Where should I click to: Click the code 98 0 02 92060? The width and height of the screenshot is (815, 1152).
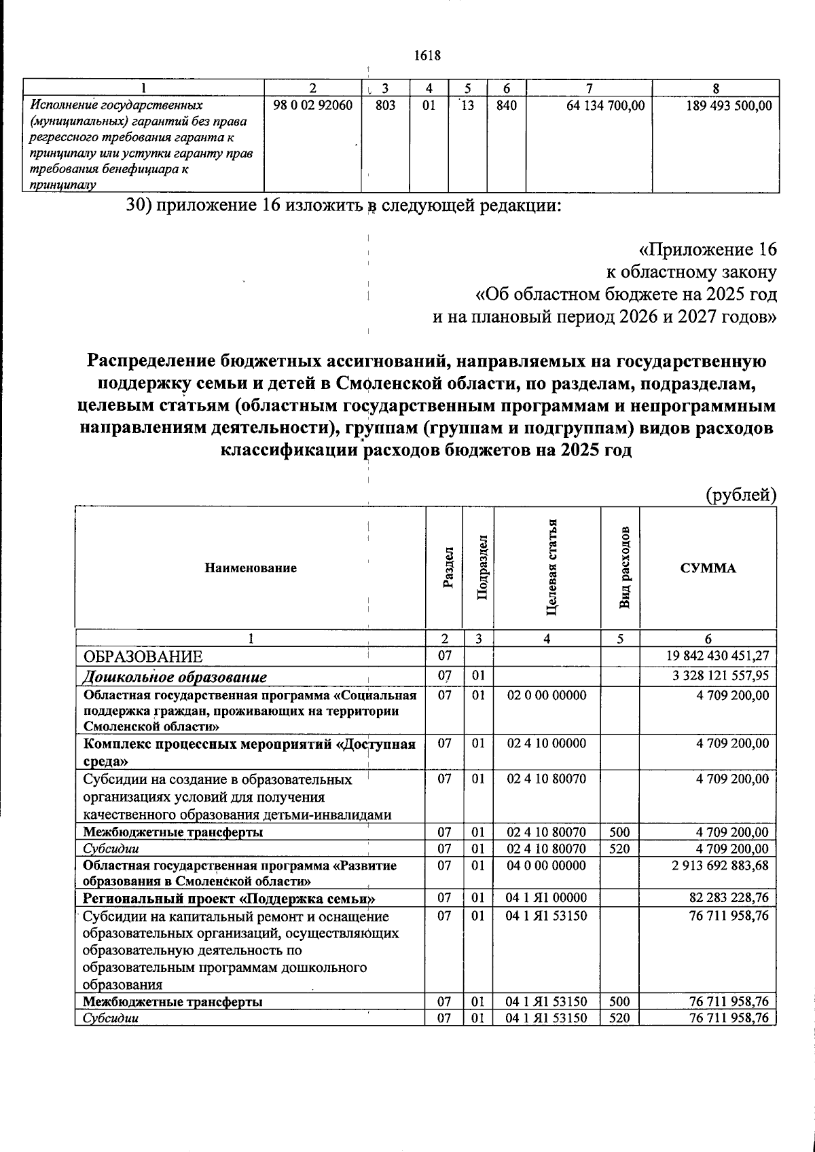(312, 106)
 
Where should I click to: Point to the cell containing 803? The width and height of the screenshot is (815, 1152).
(385, 106)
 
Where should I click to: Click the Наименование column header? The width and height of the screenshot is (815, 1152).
(251, 568)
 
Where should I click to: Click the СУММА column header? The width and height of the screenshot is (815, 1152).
(708, 568)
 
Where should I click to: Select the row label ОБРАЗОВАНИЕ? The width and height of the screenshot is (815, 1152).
(143, 656)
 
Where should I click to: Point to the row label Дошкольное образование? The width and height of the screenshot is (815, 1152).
(175, 677)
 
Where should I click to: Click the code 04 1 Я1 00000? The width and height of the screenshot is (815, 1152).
(547, 898)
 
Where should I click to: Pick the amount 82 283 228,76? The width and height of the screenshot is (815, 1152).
(727, 898)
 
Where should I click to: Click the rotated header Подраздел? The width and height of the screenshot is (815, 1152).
(482, 567)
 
